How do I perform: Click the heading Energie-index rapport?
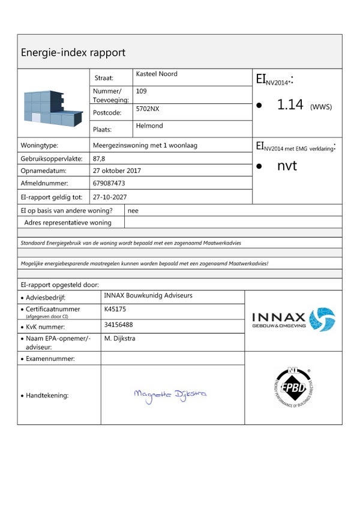coord(73,52)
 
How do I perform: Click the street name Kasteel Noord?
coord(157,74)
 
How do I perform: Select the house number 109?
coord(142,91)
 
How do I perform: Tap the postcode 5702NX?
coord(148,109)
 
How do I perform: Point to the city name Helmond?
coord(149,126)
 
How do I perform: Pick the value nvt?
coord(287,166)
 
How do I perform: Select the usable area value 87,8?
coord(99,158)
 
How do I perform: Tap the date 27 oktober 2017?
coord(117,170)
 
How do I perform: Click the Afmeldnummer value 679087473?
coord(109,183)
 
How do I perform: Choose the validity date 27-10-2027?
coord(110,196)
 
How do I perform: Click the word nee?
coord(133,211)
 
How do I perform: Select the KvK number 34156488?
coord(118,325)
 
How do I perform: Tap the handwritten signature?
coord(170,394)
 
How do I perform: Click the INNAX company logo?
coord(293,319)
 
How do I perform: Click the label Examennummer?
coord(50,358)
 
